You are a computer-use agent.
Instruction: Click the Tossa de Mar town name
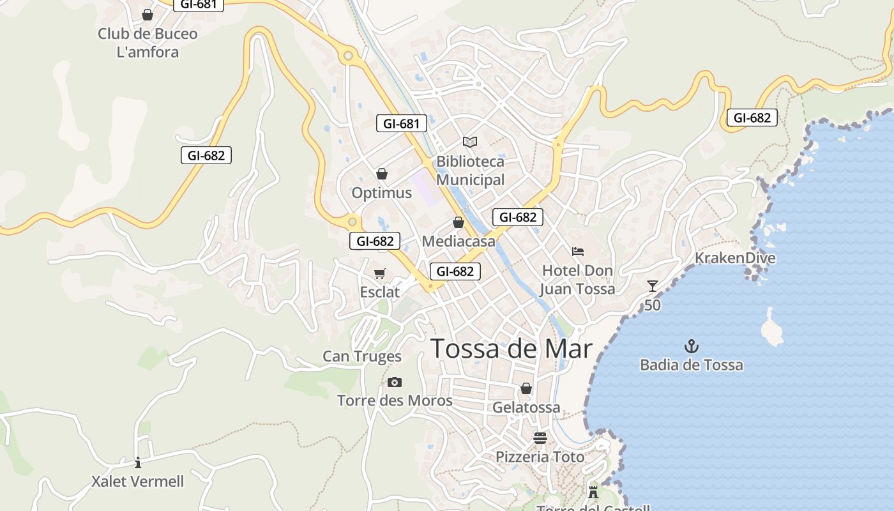511,349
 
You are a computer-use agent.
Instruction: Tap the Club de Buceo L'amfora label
148,43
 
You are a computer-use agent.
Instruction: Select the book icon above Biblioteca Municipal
470,142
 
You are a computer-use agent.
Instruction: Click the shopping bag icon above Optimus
382,174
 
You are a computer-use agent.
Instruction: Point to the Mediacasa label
458,241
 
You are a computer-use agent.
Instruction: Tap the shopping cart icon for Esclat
380,273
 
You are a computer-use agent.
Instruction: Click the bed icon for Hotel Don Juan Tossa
578,252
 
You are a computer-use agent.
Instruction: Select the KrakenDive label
735,258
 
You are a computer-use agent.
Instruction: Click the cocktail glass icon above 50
652,286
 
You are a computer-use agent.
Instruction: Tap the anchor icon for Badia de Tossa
692,347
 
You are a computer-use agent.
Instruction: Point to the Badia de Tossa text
692,365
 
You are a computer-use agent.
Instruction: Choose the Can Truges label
362,356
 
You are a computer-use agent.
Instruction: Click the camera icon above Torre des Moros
395,382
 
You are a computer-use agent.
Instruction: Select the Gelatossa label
526,408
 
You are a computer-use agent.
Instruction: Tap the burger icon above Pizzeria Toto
540,438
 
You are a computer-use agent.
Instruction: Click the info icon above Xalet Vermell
137,462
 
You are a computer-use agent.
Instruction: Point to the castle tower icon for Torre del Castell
593,491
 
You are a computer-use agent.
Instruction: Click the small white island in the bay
772,327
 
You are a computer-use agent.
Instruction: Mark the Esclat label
380,293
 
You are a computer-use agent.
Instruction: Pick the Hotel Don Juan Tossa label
577,280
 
